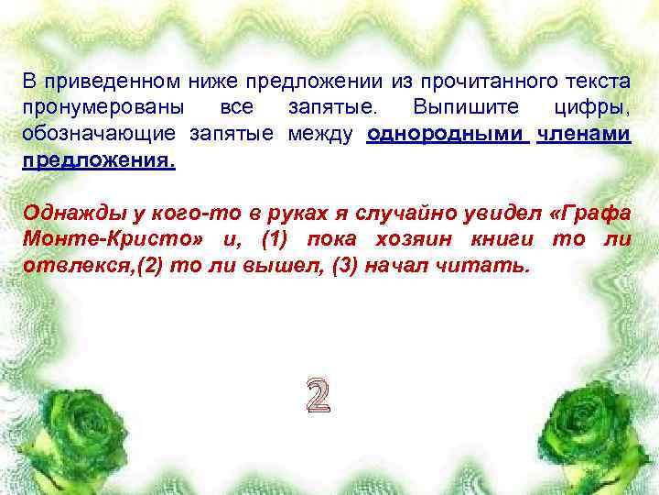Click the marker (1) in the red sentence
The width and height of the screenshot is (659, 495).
pyautogui.click(x=279, y=239)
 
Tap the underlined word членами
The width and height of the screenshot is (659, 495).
pyautogui.click(x=584, y=135)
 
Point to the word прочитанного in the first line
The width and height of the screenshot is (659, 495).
pyautogui.click(x=480, y=82)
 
